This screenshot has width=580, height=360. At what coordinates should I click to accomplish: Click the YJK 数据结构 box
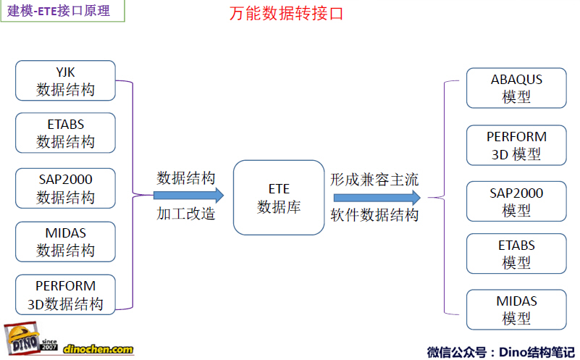click(65, 80)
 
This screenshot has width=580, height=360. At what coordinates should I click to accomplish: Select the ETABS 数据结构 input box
click(65, 133)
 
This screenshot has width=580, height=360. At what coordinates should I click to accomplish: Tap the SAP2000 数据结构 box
click(65, 188)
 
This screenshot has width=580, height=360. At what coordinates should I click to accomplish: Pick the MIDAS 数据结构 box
click(65, 242)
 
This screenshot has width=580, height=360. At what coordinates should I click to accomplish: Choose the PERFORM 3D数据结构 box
click(65, 295)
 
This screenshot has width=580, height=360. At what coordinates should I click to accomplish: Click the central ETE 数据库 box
click(279, 198)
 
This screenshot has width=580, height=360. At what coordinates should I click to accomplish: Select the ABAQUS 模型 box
click(516, 88)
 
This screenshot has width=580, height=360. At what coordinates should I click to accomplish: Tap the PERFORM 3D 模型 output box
click(516, 146)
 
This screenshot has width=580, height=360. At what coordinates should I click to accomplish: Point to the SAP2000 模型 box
click(516, 201)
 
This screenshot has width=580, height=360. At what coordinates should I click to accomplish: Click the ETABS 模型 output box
click(516, 254)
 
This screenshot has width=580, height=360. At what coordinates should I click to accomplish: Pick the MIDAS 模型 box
click(516, 310)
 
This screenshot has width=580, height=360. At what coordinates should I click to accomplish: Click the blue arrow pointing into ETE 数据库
click(189, 196)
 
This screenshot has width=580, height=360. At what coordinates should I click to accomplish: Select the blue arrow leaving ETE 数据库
click(377, 198)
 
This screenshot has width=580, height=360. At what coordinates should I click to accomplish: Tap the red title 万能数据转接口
click(286, 14)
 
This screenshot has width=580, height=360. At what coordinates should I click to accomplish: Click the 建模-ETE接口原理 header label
click(59, 10)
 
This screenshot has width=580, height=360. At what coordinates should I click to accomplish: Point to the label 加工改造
click(185, 214)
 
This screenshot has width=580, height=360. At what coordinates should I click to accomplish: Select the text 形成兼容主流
click(374, 180)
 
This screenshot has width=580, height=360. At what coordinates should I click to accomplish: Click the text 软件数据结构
click(374, 215)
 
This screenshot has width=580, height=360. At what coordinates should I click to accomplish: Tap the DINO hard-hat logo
click(22, 338)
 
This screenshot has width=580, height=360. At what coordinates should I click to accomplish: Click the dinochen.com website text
click(98, 349)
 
